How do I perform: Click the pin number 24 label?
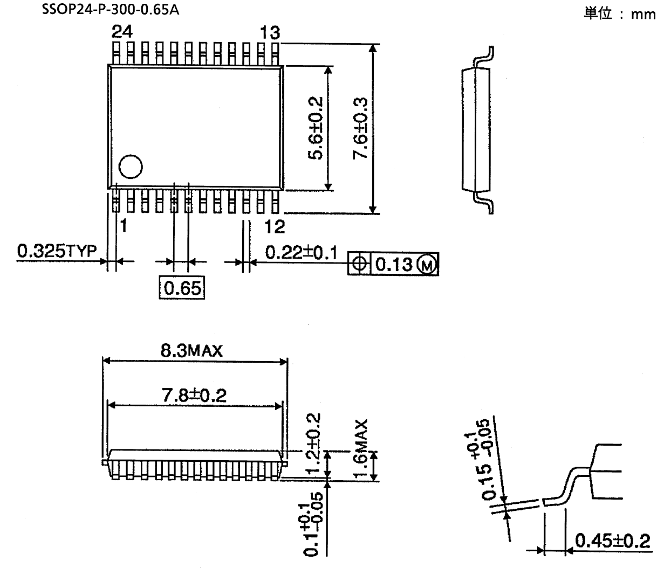click(121, 32)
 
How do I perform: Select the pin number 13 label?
click(270, 33)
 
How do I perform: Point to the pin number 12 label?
click(275, 227)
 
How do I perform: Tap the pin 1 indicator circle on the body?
click(131, 167)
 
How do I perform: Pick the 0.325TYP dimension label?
click(56, 251)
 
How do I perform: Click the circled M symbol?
click(428, 264)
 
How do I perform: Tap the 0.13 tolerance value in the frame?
click(394, 264)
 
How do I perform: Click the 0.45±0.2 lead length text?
click(612, 539)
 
